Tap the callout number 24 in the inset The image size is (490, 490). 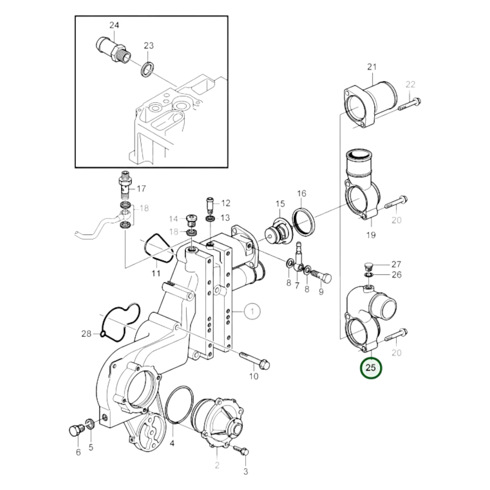114,25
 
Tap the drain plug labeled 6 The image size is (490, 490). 77,431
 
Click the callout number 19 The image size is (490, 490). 371,235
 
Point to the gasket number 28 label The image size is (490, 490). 86,334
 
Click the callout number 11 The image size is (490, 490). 156,273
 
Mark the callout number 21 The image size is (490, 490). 372,67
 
